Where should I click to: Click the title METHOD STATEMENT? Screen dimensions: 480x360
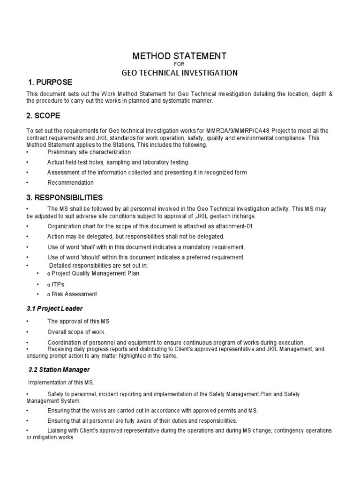180,56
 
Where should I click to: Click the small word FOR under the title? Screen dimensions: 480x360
180,65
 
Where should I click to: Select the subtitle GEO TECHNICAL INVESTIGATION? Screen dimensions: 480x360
180,73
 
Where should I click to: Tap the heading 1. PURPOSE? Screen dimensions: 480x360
49,82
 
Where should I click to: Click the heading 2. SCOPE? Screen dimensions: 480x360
44,115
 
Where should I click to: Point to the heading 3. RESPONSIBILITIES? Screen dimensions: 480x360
65,197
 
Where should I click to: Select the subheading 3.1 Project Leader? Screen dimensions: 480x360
56,308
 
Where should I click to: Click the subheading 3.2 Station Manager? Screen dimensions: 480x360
58,370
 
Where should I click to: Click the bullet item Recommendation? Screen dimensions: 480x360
70,183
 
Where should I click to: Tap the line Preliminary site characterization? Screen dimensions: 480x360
89,152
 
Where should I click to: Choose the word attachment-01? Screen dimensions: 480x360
236,226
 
